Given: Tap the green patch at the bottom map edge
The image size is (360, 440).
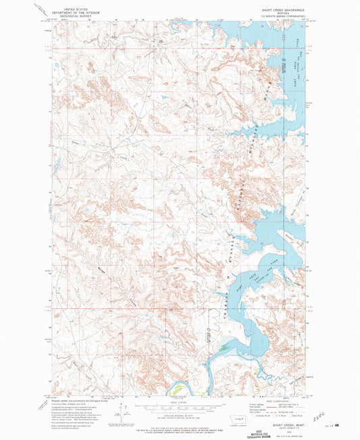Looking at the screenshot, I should click(x=177, y=390).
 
